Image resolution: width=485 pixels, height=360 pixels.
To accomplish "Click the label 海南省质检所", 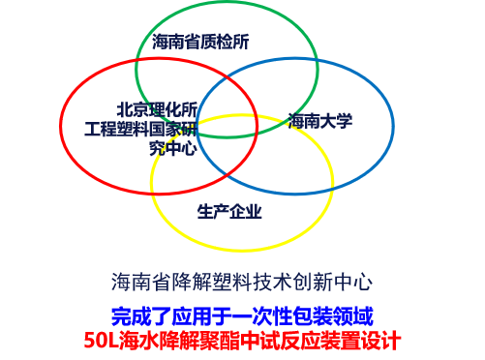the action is (200, 42).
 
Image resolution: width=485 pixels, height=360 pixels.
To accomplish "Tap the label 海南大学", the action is (320, 121).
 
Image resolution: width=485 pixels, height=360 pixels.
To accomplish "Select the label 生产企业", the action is (229, 212).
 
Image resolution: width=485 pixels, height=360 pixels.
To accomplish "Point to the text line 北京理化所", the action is (157, 109).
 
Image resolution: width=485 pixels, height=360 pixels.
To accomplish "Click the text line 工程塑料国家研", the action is (141, 129).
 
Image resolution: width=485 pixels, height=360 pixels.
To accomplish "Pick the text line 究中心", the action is (173, 148).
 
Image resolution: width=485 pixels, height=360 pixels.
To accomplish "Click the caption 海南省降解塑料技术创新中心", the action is (242, 282).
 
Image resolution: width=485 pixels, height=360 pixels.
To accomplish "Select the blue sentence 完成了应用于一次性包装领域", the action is (242, 316).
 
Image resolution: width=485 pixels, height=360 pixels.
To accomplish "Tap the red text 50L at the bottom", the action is (102, 340).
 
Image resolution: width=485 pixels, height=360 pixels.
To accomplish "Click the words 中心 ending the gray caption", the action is (353, 282).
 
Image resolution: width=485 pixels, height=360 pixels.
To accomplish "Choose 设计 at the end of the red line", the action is (381, 340).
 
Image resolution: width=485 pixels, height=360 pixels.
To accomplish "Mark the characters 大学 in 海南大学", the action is (336, 121).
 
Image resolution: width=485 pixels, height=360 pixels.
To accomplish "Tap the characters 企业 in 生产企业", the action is (246, 212).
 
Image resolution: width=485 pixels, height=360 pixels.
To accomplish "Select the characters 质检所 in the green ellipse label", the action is (225, 42).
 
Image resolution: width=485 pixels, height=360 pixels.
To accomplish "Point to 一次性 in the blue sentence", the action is (262, 316).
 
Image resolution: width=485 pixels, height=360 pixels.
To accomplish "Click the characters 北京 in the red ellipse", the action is (133, 109).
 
